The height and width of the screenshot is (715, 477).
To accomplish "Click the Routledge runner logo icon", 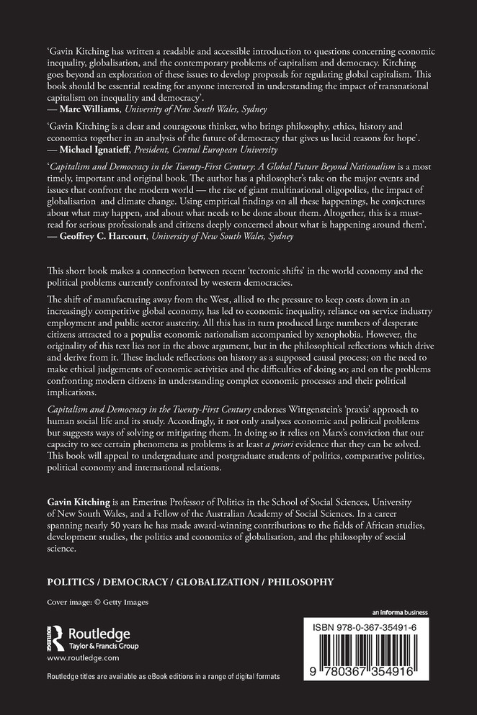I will [x=56, y=639].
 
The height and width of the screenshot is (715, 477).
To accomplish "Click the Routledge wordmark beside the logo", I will [x=99, y=634].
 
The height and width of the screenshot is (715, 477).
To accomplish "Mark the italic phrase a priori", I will [x=366, y=448].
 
